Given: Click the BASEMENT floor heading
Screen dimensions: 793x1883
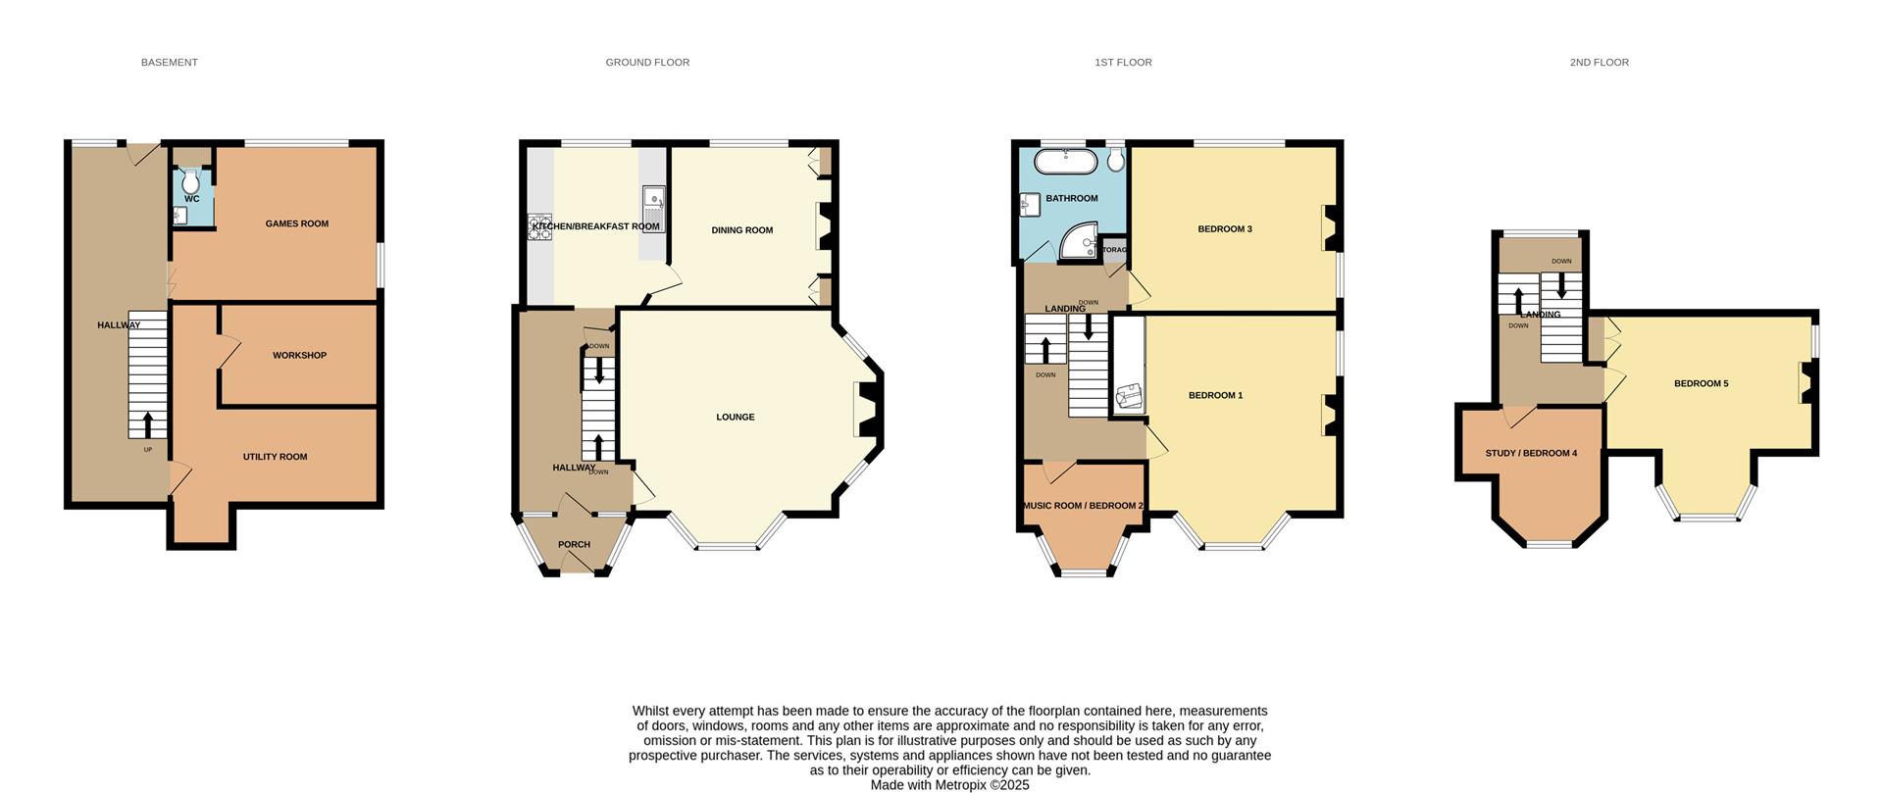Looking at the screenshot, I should (x=169, y=63).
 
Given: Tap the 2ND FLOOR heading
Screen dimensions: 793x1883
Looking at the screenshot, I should (x=1599, y=63).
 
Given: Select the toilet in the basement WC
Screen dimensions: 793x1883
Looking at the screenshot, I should (x=190, y=182).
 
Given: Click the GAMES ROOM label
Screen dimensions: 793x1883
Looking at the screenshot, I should (x=296, y=224).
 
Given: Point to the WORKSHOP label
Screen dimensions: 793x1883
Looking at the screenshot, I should (x=299, y=356).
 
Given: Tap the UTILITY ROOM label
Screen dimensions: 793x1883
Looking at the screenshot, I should (x=275, y=457).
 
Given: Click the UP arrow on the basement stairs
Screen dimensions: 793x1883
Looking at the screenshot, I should (x=148, y=424).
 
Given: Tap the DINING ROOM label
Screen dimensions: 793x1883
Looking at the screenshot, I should (x=741, y=230).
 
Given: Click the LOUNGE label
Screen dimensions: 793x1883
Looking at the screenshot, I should (x=735, y=418).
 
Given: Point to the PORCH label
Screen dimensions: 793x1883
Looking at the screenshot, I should (x=574, y=545).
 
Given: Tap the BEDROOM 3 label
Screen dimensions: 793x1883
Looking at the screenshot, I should (x=1224, y=229).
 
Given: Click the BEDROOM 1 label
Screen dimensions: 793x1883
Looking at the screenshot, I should (x=1215, y=396).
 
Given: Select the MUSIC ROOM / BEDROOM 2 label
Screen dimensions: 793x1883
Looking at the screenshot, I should (x=1083, y=506).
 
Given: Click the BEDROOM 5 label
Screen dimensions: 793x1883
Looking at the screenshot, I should (x=1701, y=384).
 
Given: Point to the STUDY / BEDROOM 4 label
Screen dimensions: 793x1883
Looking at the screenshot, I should (x=1531, y=454).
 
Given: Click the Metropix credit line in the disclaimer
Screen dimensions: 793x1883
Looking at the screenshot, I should (x=949, y=785).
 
